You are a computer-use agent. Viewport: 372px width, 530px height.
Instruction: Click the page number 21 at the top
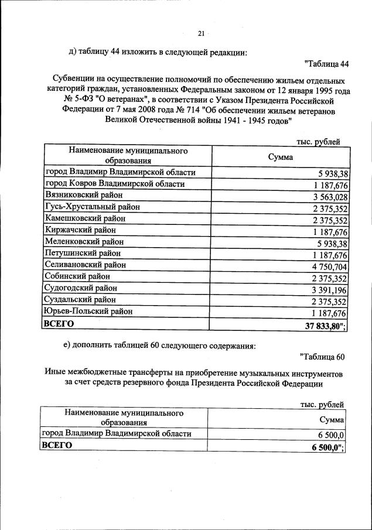(x=201, y=33)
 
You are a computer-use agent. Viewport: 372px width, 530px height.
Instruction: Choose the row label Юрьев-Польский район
(x=88, y=311)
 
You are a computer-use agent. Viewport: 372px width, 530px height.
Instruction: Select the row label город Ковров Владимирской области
(x=115, y=184)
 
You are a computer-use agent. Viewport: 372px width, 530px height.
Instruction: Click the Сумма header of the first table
(x=281, y=157)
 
